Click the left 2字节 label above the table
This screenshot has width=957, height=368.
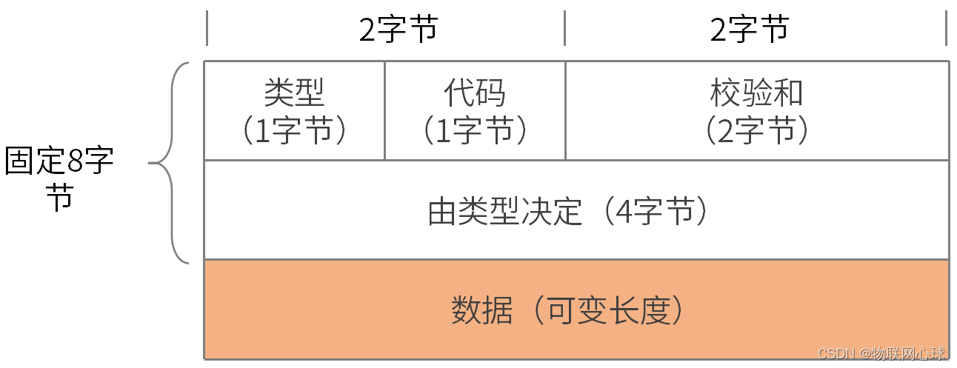[399, 30]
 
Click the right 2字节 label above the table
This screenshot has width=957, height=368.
[750, 30]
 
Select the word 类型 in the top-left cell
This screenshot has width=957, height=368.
[294, 93]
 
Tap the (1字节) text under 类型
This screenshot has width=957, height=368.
[294, 130]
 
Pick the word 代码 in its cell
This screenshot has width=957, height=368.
[475, 93]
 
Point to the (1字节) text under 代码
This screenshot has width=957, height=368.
[475, 130]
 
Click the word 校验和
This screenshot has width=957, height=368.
[756, 93]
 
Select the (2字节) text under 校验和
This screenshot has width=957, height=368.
[756, 130]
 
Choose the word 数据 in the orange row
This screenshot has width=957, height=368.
[481, 311]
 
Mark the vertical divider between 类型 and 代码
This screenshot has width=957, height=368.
[384, 111]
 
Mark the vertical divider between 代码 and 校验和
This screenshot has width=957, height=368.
[565, 111]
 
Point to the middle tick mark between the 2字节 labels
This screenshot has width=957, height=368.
[564, 28]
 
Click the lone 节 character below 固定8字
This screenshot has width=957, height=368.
[59, 198]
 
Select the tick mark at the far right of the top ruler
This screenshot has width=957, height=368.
[946, 28]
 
